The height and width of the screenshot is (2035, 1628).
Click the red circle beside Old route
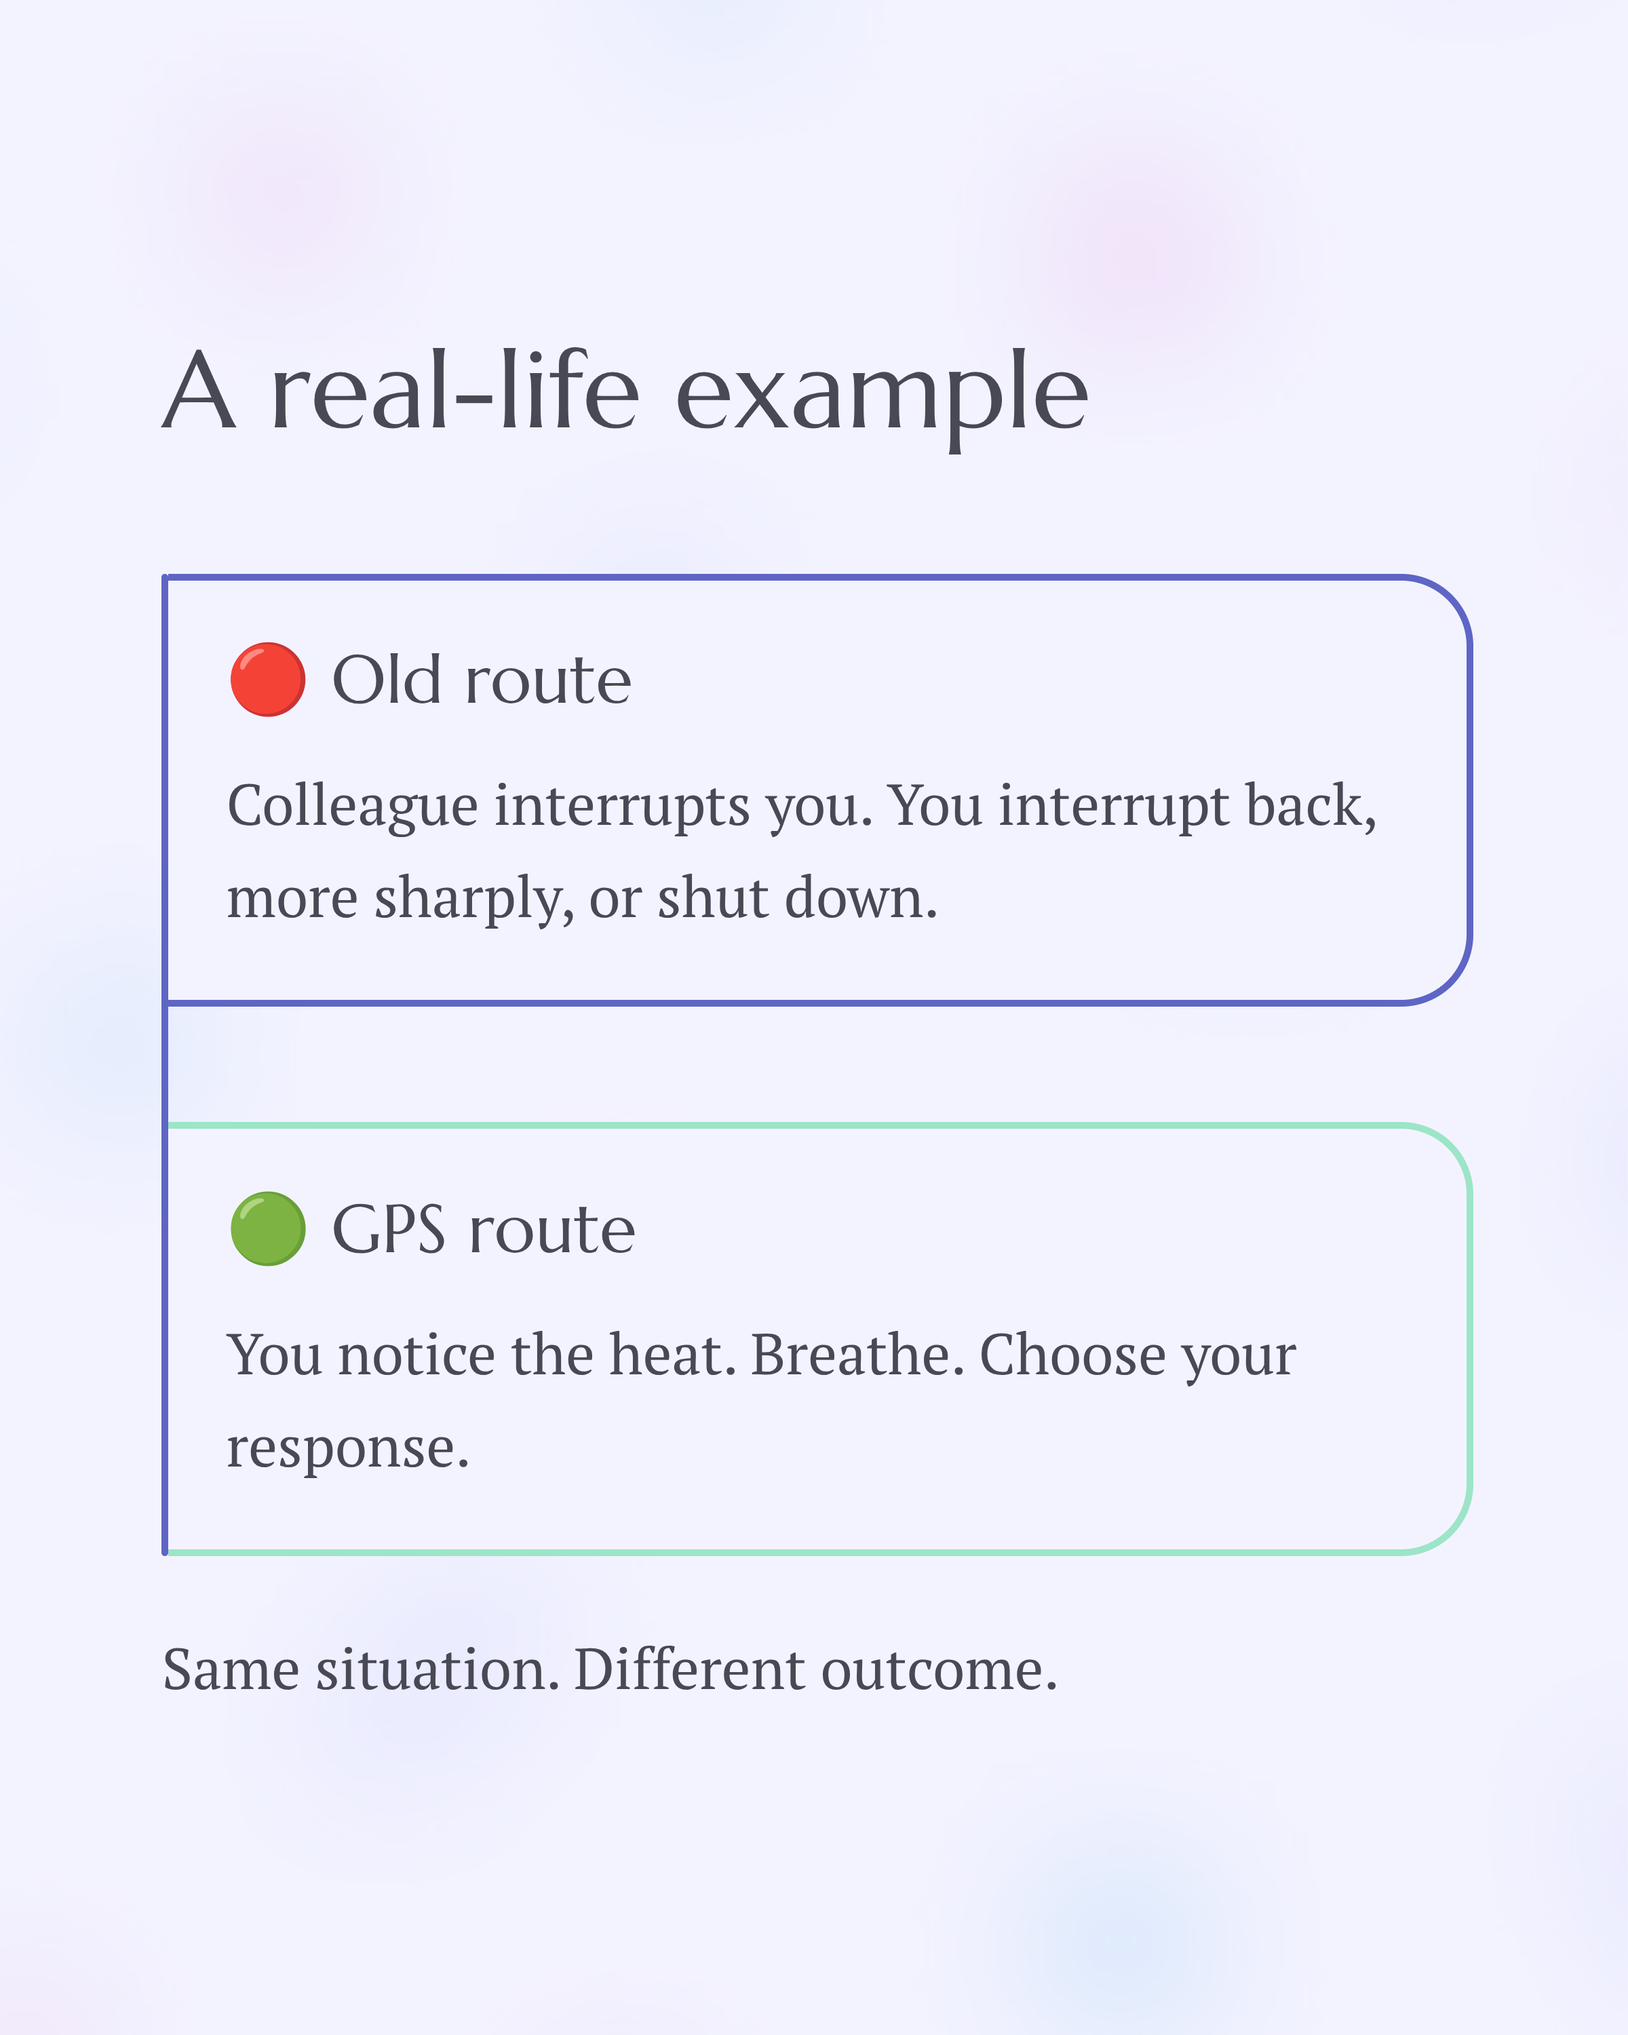click(267, 680)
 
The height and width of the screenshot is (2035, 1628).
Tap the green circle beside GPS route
click(267, 1229)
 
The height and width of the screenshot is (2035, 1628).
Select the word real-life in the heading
click(455, 391)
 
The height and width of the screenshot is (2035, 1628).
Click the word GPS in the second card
click(388, 1230)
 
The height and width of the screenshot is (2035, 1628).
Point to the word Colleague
click(352, 808)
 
